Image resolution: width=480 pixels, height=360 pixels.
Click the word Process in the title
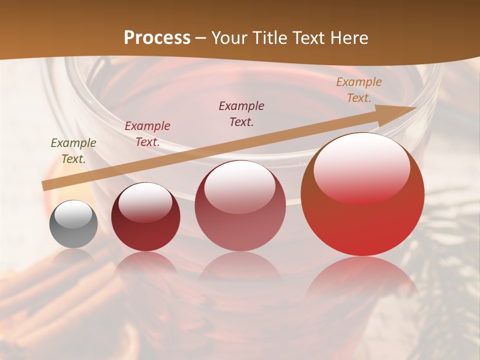point(157,38)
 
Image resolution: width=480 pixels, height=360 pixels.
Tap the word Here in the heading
point(348,38)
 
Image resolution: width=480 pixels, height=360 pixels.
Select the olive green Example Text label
point(73,151)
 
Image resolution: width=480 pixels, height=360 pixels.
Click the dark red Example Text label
point(147,134)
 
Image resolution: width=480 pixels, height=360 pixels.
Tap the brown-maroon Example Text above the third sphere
point(241,114)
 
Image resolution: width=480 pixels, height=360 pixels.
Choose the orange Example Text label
point(359,90)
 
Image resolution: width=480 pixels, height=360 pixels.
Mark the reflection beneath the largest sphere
point(362,280)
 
